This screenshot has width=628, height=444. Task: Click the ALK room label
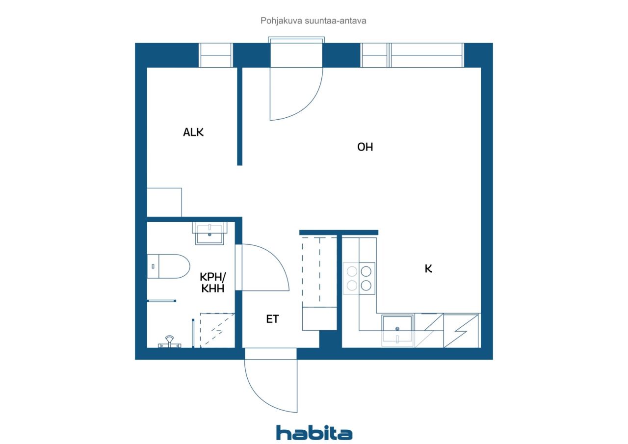pyautogui.click(x=193, y=132)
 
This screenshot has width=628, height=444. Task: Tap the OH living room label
pyautogui.click(x=365, y=147)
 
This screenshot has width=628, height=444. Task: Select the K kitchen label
pyautogui.click(x=428, y=268)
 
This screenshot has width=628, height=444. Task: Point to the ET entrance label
pyautogui.click(x=272, y=319)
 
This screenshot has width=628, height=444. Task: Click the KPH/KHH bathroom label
pyautogui.click(x=212, y=283)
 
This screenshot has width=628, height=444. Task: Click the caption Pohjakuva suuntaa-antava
pyautogui.click(x=313, y=21)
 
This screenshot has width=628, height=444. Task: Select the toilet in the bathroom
pyautogui.click(x=168, y=266)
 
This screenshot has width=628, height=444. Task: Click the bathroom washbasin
pyautogui.click(x=209, y=233)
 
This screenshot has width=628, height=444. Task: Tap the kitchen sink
pyautogui.click(x=397, y=330)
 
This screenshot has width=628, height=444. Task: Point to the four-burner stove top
pyautogui.click(x=359, y=278)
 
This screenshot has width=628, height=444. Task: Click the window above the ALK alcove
pyautogui.click(x=215, y=55)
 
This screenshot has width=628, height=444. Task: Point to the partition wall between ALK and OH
pyautogui.click(x=240, y=116)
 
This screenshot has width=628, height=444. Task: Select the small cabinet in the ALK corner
pyautogui.click(x=164, y=202)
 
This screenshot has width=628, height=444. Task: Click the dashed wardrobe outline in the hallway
pyautogui.click(x=319, y=271)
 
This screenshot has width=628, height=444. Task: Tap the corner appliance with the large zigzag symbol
pyautogui.click(x=461, y=331)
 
